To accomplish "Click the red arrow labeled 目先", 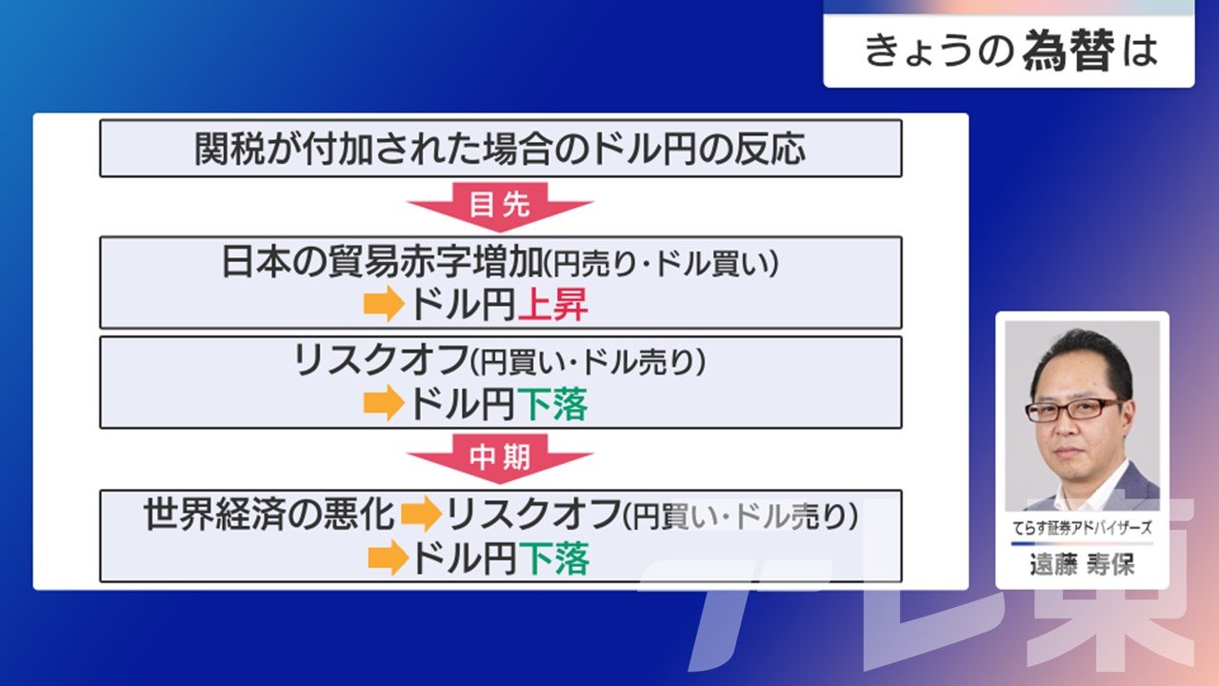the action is pyautogui.click(x=500, y=207).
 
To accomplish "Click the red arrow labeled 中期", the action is pyautogui.click(x=500, y=458).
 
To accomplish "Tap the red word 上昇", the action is pyautogui.click(x=553, y=305).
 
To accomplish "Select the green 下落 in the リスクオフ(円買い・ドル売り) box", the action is pyautogui.click(x=552, y=405).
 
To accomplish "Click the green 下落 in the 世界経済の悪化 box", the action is pyautogui.click(x=554, y=559).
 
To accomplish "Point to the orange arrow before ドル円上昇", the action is pyautogui.click(x=384, y=304).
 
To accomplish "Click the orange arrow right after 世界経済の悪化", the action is pyautogui.click(x=421, y=514).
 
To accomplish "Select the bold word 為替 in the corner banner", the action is pyautogui.click(x=1069, y=51).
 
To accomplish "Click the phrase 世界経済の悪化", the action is pyautogui.click(x=269, y=514).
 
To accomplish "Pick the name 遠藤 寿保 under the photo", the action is pyautogui.click(x=1082, y=564).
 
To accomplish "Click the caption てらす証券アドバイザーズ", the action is pyautogui.click(x=1082, y=528).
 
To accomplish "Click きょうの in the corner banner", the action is pyautogui.click(x=940, y=51).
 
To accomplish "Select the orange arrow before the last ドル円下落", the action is pyautogui.click(x=388, y=558).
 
